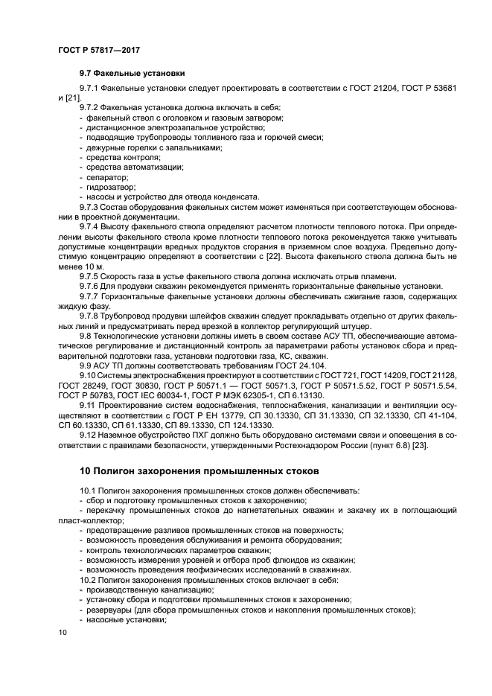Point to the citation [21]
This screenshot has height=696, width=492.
[x=71, y=98]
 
